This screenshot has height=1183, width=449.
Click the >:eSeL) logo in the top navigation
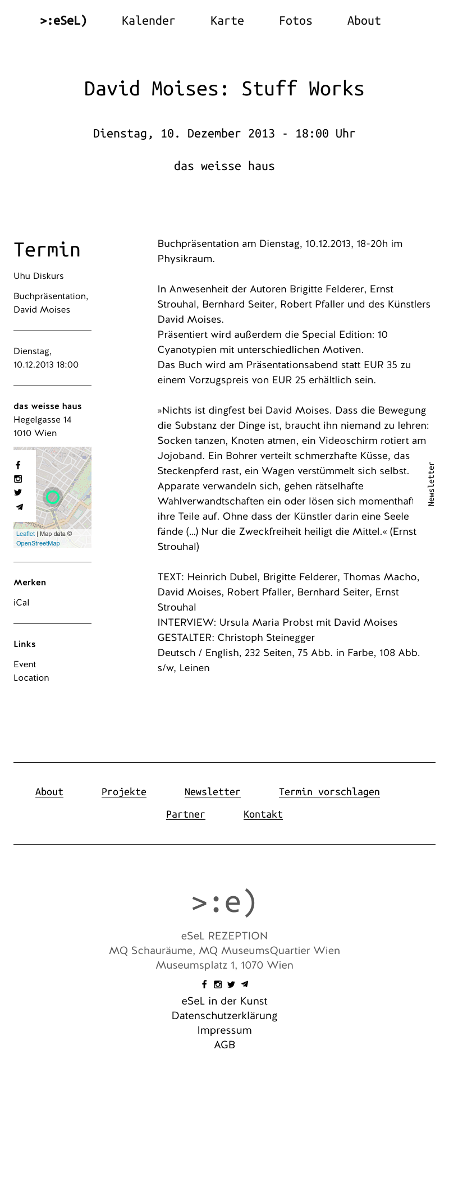(63, 21)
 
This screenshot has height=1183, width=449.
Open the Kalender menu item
(148, 21)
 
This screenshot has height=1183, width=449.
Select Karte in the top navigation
(227, 21)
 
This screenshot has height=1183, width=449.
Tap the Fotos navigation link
(295, 21)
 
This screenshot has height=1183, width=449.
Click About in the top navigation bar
(364, 21)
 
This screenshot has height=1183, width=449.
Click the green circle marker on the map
(53, 497)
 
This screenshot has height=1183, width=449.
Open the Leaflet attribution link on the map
(25, 534)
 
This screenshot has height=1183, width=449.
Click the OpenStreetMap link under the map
(38, 543)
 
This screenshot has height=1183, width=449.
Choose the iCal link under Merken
(21, 602)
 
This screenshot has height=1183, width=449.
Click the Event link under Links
(25, 664)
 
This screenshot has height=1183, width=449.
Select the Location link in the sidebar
(31, 677)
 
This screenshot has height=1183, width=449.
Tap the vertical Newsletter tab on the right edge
(431, 484)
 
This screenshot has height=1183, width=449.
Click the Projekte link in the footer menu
(123, 792)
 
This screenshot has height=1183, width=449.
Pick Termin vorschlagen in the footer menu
(329, 792)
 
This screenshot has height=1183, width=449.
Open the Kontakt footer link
(263, 814)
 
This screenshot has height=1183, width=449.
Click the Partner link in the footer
(185, 814)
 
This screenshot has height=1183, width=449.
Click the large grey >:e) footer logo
(224, 902)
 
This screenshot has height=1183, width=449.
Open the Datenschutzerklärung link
(224, 1016)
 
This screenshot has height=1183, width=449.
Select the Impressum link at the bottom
(224, 1030)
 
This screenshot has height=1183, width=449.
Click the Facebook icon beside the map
(18, 465)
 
